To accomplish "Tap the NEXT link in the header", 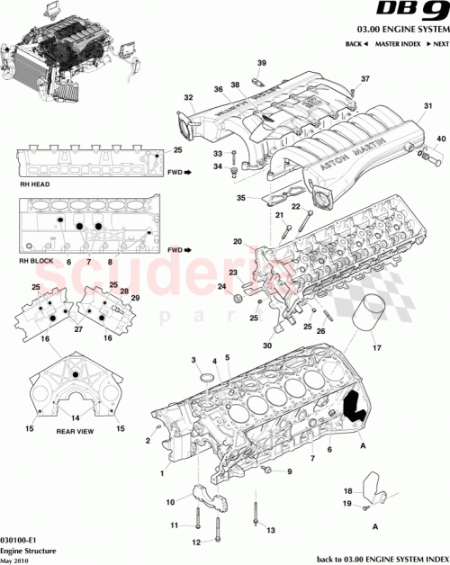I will pos(437,43).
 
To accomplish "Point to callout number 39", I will pos(262,62).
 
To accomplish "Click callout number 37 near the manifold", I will pos(365,80).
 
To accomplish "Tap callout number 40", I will pos(440,139).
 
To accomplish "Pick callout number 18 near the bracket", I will pos(348,491).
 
